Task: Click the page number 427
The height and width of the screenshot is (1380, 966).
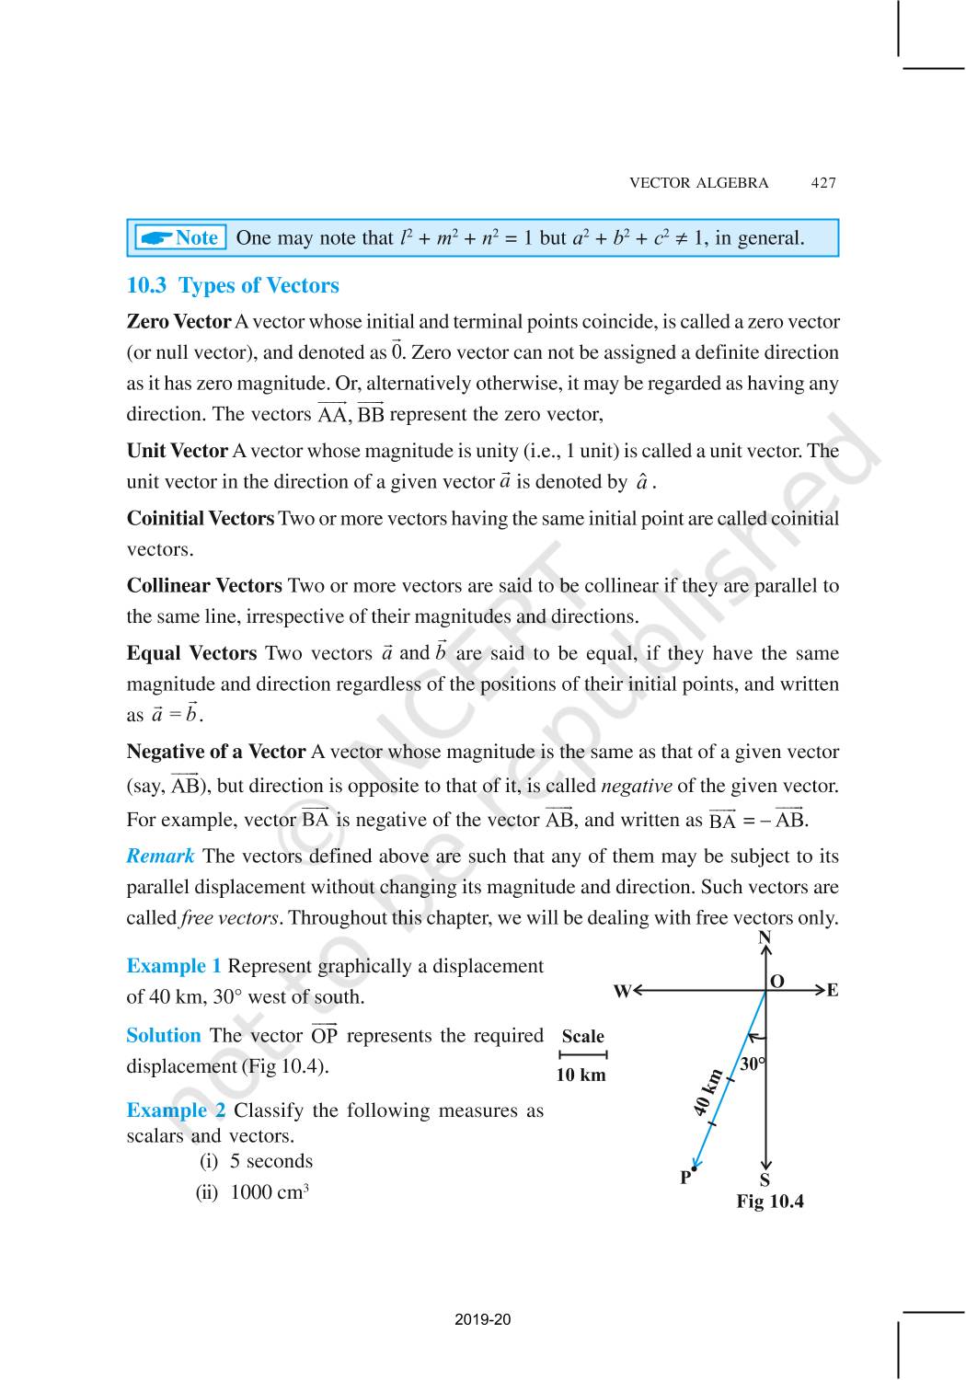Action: pos(823,183)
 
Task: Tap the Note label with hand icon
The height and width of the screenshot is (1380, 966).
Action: pos(180,238)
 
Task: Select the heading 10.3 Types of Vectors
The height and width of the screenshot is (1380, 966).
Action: pos(233,286)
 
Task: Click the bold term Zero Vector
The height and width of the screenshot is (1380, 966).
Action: pos(178,322)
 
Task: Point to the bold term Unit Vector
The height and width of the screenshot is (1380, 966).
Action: pos(177,451)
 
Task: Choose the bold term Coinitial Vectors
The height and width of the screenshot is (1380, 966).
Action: pos(201,519)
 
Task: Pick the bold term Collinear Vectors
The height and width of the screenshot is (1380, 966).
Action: pos(204,586)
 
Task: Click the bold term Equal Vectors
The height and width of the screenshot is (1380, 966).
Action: pos(191,654)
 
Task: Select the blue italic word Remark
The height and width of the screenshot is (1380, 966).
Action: pos(160,857)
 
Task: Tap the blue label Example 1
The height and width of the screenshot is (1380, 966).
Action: pos(174,966)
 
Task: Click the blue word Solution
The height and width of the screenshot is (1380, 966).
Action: pos(164,1036)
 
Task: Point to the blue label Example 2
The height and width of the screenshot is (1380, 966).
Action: pos(176,1110)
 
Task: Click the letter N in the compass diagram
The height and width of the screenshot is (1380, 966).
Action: pos(765,937)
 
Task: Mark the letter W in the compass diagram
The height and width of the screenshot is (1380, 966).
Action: pos(622,991)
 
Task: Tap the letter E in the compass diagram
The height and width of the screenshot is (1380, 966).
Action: pos(832,991)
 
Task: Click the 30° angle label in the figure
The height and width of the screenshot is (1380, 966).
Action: pos(753,1064)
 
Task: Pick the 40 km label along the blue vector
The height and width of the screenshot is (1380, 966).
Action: pos(707,1093)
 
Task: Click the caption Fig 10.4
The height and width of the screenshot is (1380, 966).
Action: pos(770,1202)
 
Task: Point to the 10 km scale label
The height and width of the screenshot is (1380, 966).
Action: pos(581,1075)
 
